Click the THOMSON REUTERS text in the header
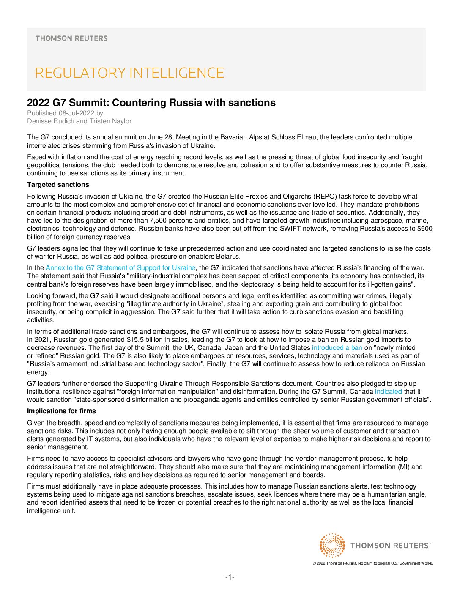pyautogui.click(x=71, y=38)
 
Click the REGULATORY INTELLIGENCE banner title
pyautogui.click(x=129, y=73)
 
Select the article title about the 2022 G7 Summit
pyautogui.click(x=151, y=103)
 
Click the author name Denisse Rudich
pyautogui.click(x=51, y=121)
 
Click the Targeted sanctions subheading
pyautogui.click(x=58, y=185)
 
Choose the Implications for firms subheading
pyautogui.click(x=61, y=411)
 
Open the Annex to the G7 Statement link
pyautogui.click(x=120, y=268)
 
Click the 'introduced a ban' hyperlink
pyautogui.click(x=337, y=348)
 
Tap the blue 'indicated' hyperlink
pyautogui.click(x=388, y=392)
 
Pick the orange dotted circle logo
pyautogui.click(x=332, y=545)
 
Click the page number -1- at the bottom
pyautogui.click(x=230, y=577)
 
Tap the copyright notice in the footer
pyautogui.click(x=372, y=563)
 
